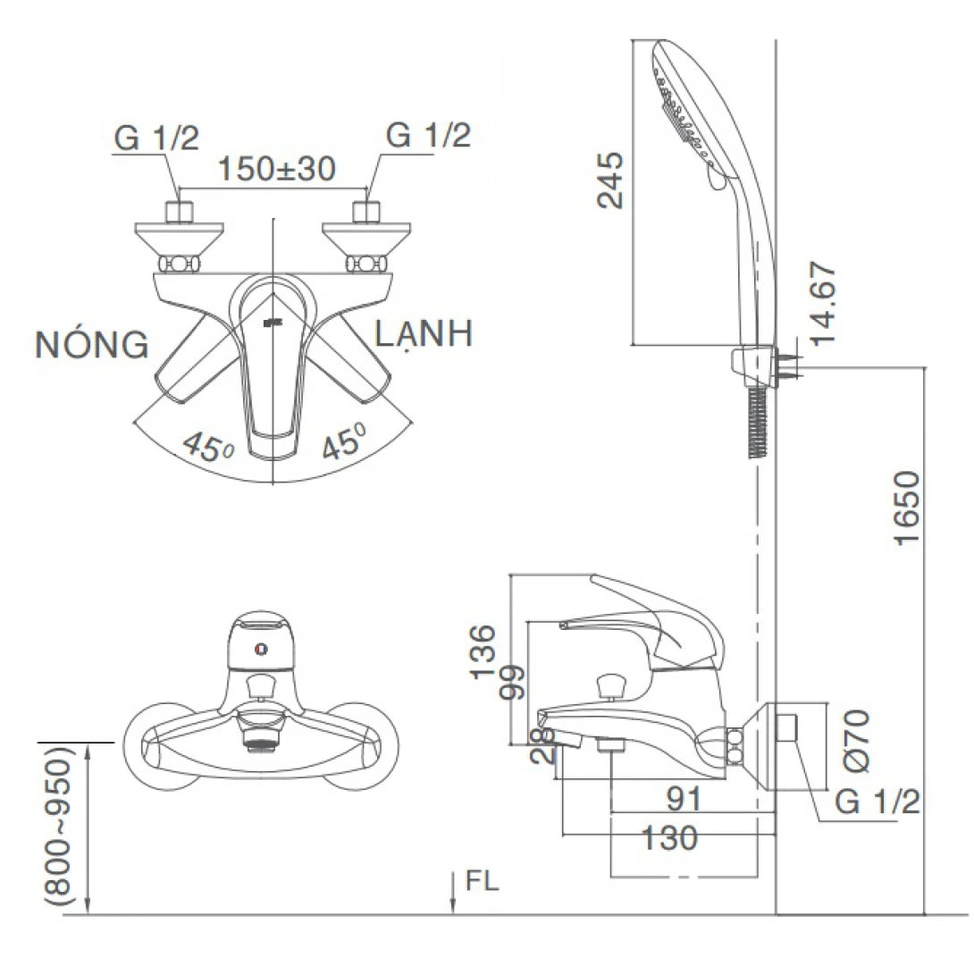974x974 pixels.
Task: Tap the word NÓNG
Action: tap(92, 345)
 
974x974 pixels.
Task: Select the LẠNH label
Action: tap(424, 334)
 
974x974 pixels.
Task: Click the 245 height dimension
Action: tap(611, 180)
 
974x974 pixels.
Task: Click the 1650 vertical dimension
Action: tap(905, 510)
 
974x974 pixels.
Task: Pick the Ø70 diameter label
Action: tap(856, 741)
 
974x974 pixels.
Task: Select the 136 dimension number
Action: tap(483, 652)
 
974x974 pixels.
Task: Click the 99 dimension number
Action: tap(513, 684)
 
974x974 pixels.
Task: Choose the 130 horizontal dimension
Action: tap(669, 838)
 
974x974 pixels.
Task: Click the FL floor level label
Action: tap(483, 882)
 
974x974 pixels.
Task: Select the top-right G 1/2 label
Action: tap(428, 136)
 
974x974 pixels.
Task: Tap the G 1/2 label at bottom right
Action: tap(877, 802)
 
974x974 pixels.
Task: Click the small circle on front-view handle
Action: tap(260, 650)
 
